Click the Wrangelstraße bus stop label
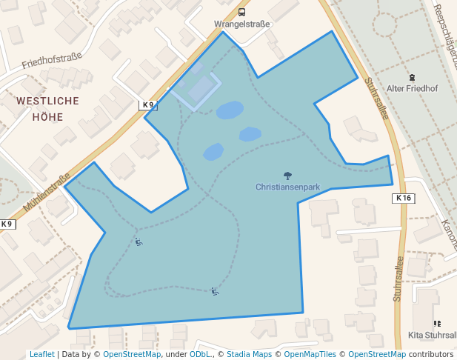click(241, 24)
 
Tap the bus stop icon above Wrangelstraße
click(241, 12)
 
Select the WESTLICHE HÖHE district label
click(47, 107)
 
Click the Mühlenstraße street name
click(46, 192)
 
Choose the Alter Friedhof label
click(413, 88)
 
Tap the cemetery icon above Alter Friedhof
click(412, 76)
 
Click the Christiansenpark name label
click(287, 187)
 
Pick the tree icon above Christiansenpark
click(287, 176)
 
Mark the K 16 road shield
click(403, 198)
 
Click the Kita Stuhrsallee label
click(433, 335)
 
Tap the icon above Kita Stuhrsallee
click(437, 324)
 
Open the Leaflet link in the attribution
click(41, 355)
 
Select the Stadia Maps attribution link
click(249, 355)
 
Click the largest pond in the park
click(230, 110)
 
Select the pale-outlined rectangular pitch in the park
click(197, 90)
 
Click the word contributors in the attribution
click(431, 355)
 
